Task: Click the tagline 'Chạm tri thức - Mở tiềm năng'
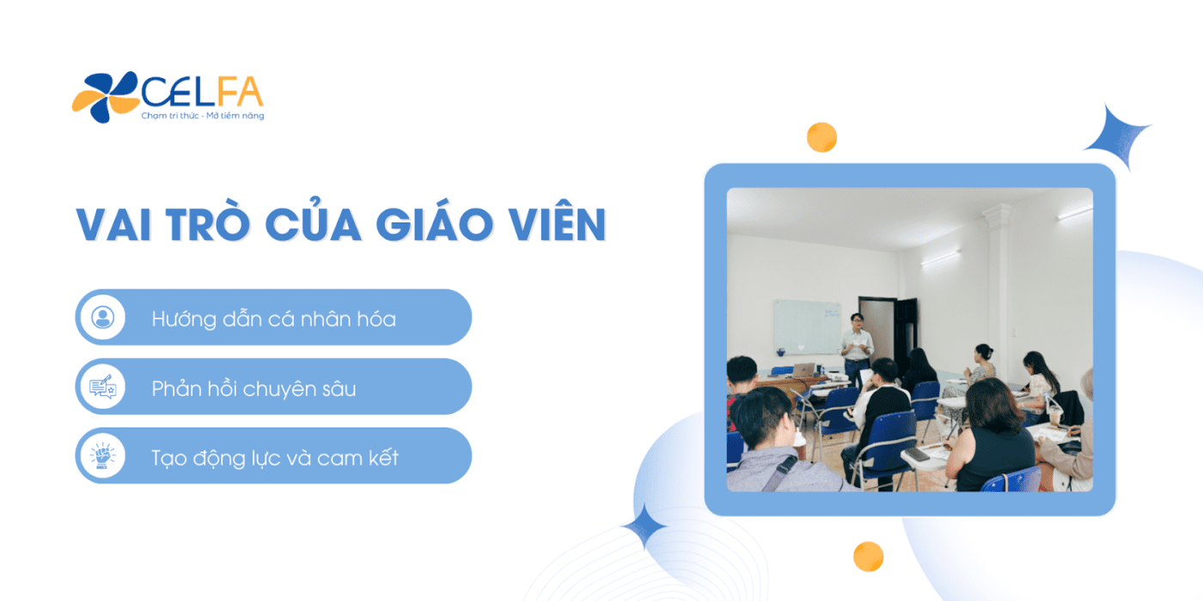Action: (x=203, y=116)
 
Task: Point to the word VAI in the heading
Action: (x=113, y=224)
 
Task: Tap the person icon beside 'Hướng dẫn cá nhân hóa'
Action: (x=102, y=317)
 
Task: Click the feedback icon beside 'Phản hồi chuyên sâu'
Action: (x=102, y=386)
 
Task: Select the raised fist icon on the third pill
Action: (x=102, y=456)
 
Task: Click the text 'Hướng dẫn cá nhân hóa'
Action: (x=274, y=319)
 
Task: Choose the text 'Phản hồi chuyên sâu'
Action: (x=253, y=388)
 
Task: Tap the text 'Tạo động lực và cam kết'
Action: (x=275, y=458)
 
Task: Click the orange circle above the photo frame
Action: (x=821, y=137)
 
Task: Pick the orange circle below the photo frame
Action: (x=869, y=556)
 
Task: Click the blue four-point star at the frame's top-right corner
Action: (x=1118, y=137)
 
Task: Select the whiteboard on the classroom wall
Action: (x=807, y=327)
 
